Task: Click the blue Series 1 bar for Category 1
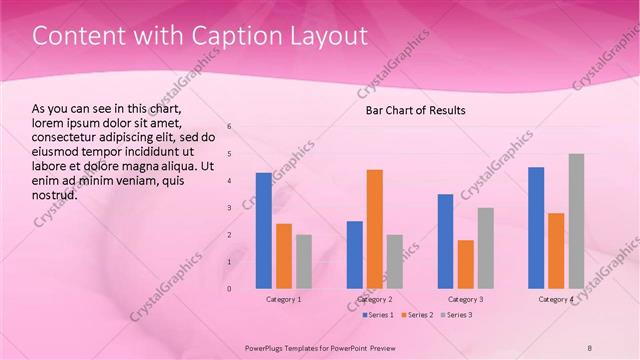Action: click(264, 231)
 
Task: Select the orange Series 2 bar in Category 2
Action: click(375, 229)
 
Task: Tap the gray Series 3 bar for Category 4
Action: click(576, 221)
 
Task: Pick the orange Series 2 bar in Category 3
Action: click(465, 264)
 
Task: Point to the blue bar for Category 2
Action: click(355, 255)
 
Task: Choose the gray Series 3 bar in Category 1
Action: click(304, 262)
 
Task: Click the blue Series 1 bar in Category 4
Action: click(536, 228)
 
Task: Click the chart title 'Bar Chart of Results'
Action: click(415, 109)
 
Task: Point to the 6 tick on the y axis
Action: click(229, 127)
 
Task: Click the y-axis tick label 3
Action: click(229, 208)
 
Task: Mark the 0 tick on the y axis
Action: click(229, 289)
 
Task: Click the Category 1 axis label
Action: click(284, 299)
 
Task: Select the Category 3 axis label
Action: click(465, 299)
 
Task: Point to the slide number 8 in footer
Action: click(590, 347)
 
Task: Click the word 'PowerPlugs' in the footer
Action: click(267, 347)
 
